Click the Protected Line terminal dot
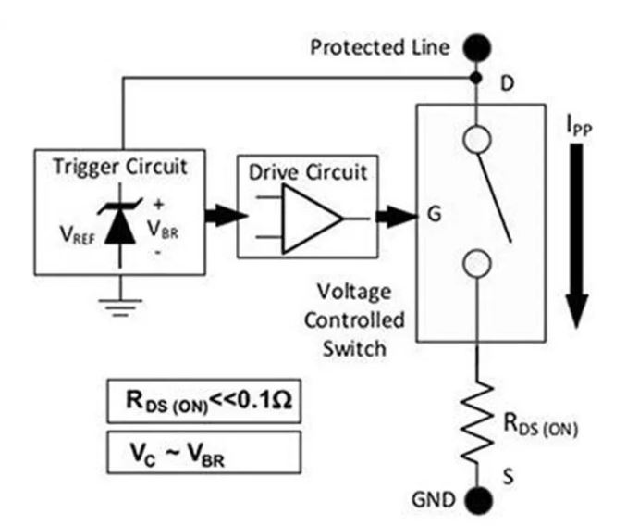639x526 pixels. (x=476, y=44)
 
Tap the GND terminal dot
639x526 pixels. (x=476, y=502)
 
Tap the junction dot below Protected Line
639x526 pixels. (x=476, y=77)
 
